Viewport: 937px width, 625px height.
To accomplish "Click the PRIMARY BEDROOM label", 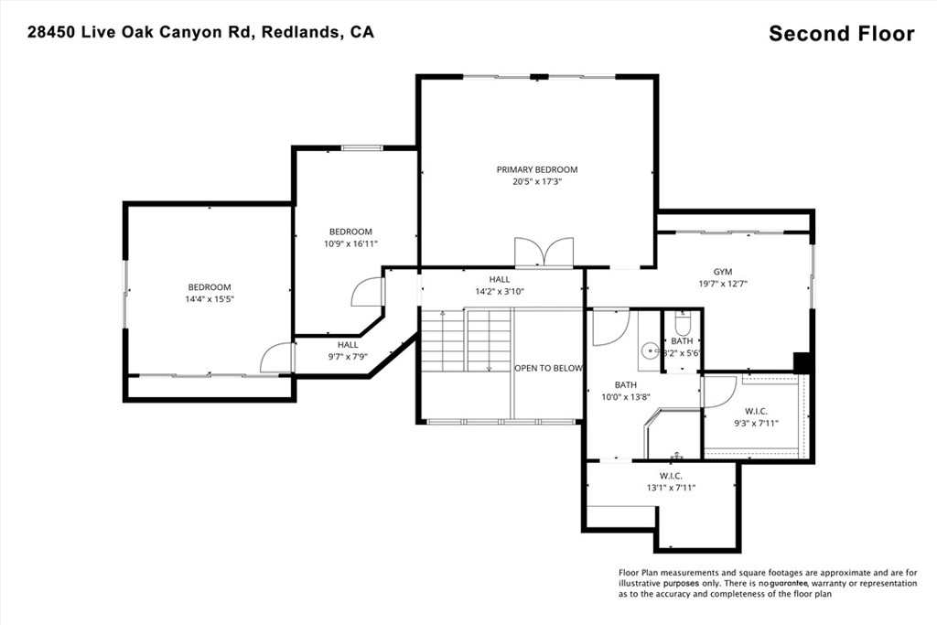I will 537,169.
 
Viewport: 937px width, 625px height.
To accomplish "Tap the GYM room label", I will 723,272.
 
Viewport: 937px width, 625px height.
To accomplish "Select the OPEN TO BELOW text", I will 548,368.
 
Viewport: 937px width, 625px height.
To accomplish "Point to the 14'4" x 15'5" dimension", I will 210,299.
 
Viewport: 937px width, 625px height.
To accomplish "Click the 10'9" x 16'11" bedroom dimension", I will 350,244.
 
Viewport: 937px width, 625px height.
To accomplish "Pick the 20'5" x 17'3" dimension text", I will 537,182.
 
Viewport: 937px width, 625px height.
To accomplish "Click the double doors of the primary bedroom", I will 544,253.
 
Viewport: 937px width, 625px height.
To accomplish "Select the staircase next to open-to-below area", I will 465,339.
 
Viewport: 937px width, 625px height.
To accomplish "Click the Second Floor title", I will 841,34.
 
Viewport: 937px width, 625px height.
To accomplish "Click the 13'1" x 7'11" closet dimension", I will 671,488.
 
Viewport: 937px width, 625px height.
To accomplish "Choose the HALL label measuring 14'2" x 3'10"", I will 499,279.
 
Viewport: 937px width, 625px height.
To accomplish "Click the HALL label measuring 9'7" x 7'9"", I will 348,345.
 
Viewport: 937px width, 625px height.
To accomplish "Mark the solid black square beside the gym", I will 802,362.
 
